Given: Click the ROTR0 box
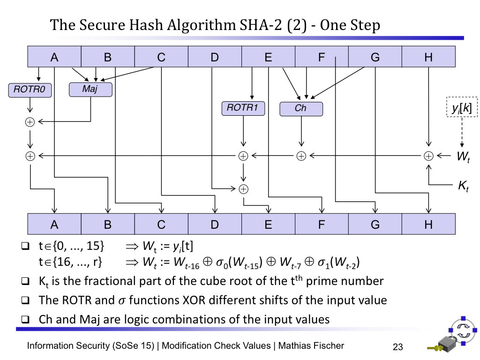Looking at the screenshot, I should tap(30, 90).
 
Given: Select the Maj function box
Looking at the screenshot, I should tap(90, 89).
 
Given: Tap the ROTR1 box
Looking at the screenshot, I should tap(243, 108).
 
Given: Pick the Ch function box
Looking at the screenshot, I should tap(301, 109).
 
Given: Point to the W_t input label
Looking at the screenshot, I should tap(463, 157).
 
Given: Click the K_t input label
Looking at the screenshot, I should tap(463, 187).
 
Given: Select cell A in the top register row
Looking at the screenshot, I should tap(54, 57).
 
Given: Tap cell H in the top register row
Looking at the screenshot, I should tap(428, 57).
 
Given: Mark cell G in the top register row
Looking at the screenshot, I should tap(375, 57).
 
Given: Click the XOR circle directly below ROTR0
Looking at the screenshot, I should tap(30, 122).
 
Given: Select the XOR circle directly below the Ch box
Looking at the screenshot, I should tap(301, 156).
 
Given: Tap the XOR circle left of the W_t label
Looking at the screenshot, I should tap(428, 156).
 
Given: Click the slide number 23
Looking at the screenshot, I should tap(397, 347).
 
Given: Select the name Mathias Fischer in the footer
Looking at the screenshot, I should tap(311, 346).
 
